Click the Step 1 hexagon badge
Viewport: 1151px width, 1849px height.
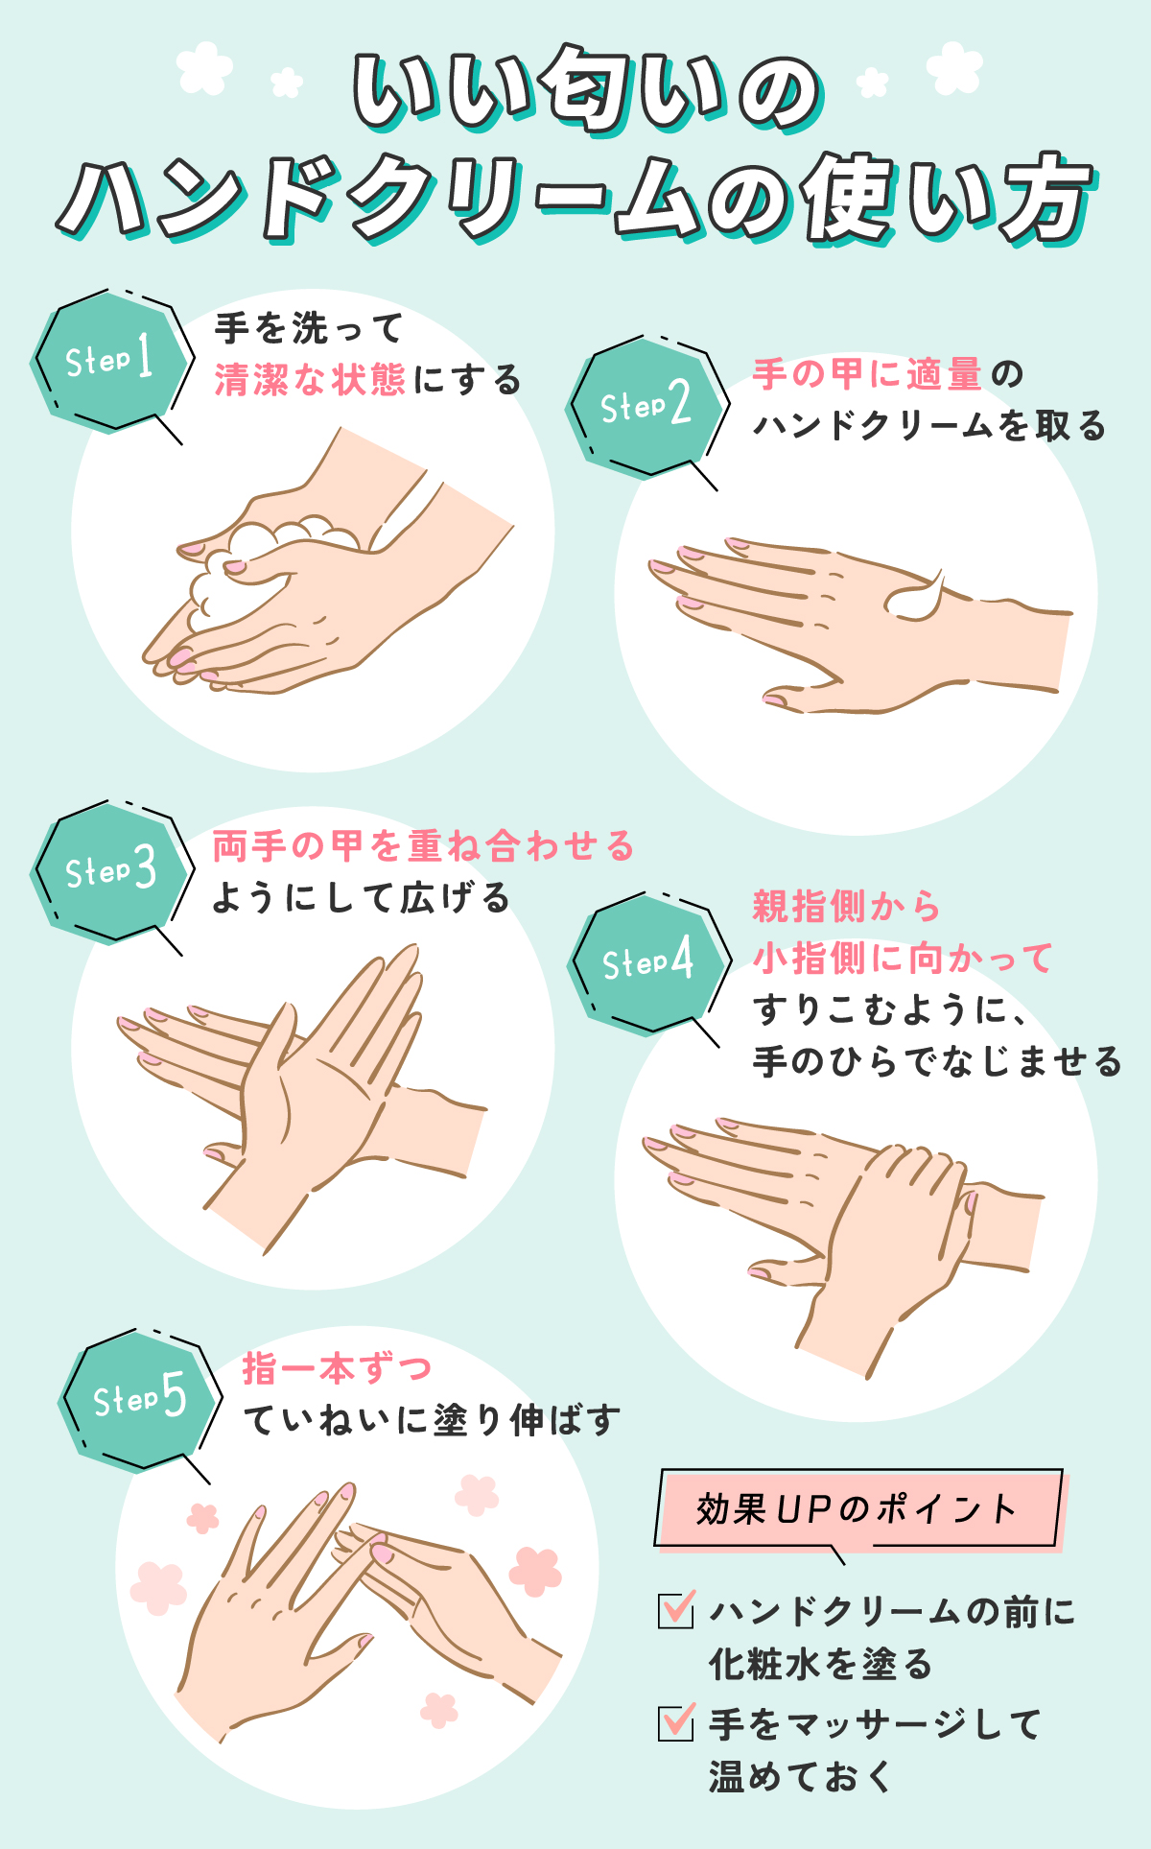pos(111,360)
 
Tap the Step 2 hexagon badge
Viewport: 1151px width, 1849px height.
pos(646,406)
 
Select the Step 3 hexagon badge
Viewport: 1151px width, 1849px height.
pos(111,871)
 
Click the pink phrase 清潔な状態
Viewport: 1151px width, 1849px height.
pos(310,380)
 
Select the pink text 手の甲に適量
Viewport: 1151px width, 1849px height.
pos(867,374)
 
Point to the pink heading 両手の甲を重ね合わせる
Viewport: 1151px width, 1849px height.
pos(423,846)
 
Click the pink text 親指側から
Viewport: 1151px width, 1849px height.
pos(846,906)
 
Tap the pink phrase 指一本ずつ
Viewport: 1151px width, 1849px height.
pos(337,1368)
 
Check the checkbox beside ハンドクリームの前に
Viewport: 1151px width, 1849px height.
pos(676,1610)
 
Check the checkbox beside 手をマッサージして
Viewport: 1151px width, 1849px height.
pos(676,1722)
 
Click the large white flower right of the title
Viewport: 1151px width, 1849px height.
pos(954,67)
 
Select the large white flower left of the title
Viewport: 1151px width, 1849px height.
pos(205,67)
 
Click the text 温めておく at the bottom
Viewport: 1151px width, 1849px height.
pos(800,1776)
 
